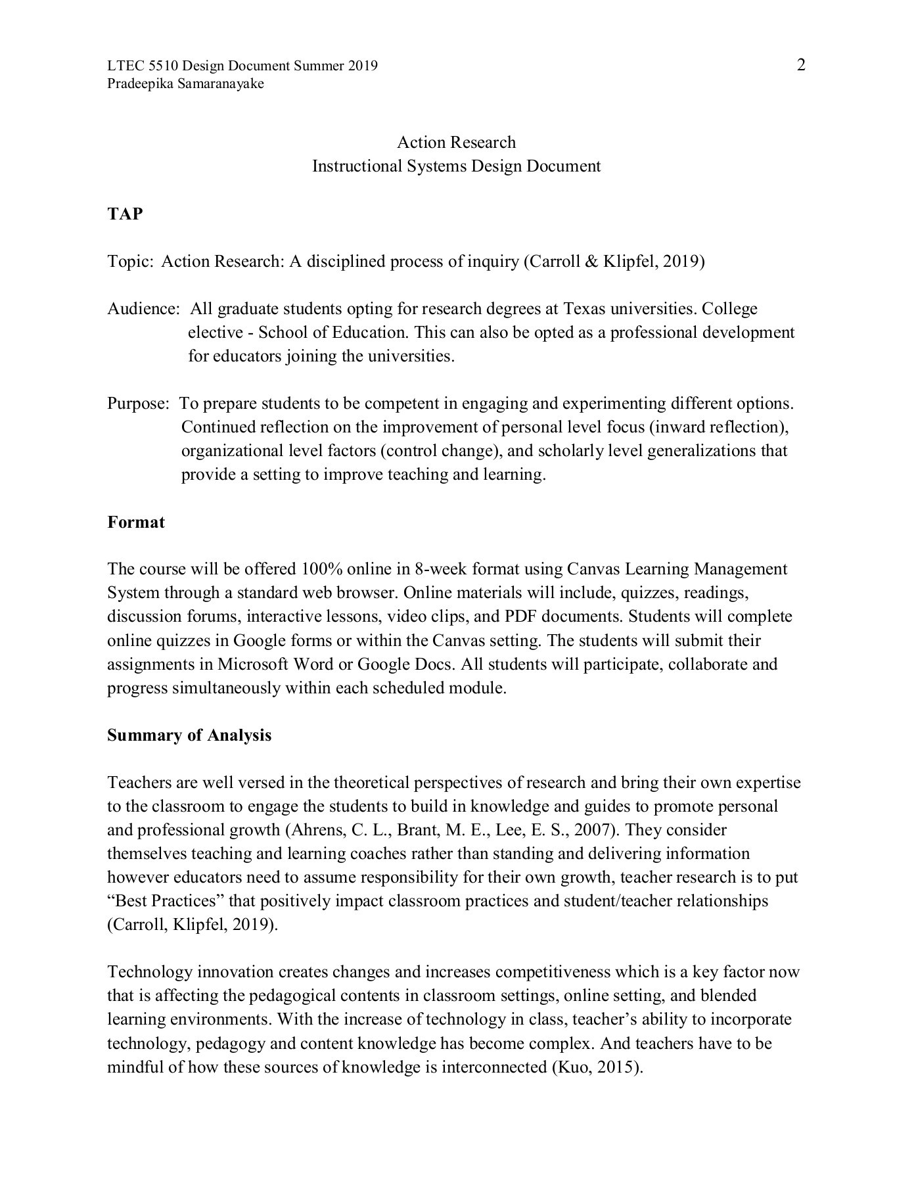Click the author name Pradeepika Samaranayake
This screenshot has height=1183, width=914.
185,83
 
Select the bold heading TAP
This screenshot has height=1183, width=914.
125,214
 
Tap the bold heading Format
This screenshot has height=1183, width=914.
136,522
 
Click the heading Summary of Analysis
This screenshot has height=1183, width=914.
189,735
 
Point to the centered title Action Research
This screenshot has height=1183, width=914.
456,142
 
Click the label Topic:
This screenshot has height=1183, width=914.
130,262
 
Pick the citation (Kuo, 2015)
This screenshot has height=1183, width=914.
595,1067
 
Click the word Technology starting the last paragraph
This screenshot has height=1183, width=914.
149,972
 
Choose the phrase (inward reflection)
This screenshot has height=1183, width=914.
718,427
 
